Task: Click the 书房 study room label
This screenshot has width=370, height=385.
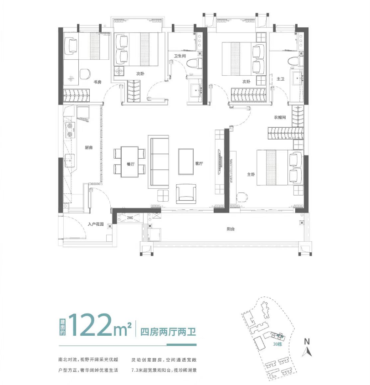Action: coord(98,82)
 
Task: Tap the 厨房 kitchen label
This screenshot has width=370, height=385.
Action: coord(89,147)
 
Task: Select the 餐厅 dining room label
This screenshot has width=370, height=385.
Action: coord(131,164)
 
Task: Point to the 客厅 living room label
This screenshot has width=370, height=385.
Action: coord(199,163)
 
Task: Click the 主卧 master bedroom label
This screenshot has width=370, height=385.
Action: coord(251,174)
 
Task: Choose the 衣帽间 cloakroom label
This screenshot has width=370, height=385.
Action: coord(280,117)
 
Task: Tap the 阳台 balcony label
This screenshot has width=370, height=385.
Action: coord(231,229)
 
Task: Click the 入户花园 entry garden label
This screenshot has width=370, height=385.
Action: coord(96,224)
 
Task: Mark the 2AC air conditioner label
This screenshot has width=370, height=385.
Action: coord(130,218)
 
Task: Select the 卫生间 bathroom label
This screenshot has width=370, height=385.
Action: coord(180,56)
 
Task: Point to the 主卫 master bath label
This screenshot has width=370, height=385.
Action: coord(280,79)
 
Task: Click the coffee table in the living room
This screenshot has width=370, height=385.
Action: coord(186,161)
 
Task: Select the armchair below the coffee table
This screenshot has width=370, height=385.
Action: coord(186,194)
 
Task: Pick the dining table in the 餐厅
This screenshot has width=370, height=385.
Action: coord(130,162)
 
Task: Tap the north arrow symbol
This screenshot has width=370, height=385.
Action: coord(307,348)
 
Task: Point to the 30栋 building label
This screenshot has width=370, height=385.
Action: coord(277,344)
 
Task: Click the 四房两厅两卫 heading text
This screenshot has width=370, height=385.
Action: coord(168,332)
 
